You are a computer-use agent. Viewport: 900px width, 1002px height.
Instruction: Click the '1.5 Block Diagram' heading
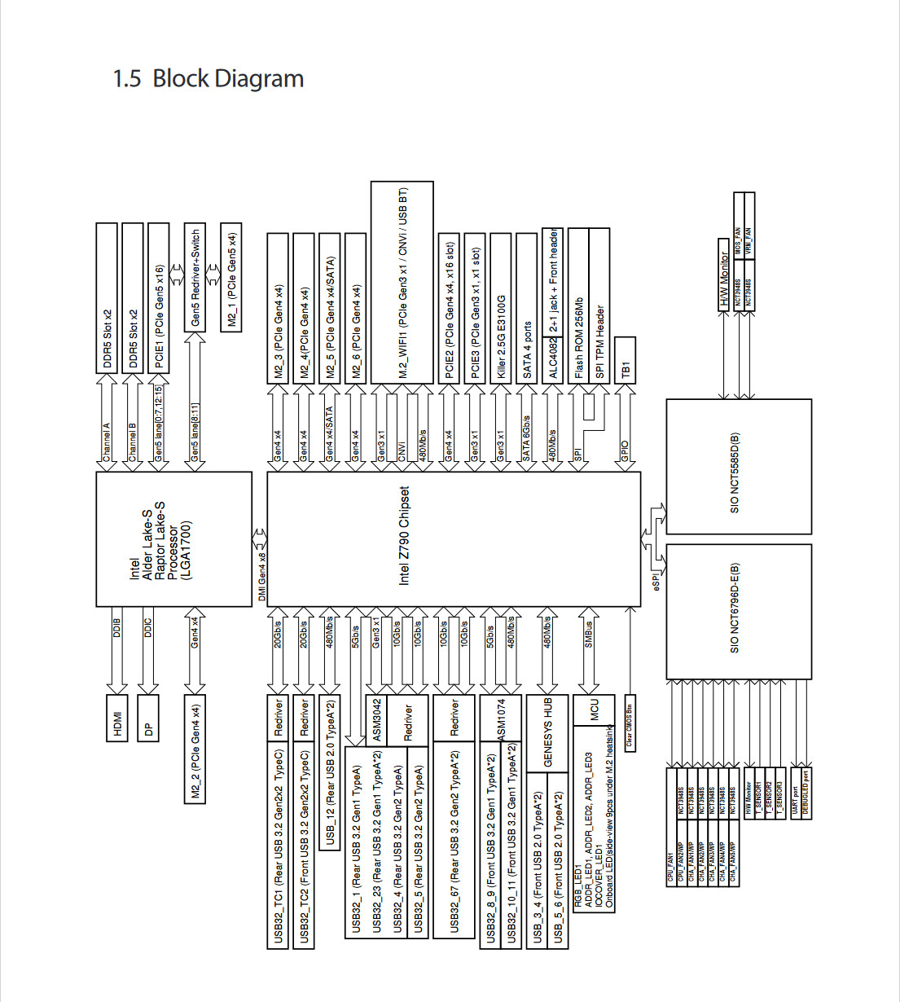pyautogui.click(x=208, y=78)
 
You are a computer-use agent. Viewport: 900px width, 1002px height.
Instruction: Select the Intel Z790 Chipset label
pyautogui.click(x=404, y=535)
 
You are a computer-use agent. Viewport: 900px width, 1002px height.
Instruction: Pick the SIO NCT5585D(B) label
pyautogui.click(x=735, y=472)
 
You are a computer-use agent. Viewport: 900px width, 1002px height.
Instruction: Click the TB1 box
pyautogui.click(x=625, y=360)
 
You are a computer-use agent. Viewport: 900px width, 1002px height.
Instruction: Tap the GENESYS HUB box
pyautogui.click(x=547, y=732)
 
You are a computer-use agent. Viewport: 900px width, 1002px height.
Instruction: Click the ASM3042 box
pyautogui.click(x=376, y=719)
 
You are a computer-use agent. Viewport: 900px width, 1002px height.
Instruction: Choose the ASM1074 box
pyautogui.click(x=501, y=718)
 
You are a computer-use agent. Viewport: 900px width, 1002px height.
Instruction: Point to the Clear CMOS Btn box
pyautogui.click(x=629, y=722)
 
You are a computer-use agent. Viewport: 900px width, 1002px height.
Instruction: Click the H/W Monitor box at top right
pyautogui.click(x=724, y=275)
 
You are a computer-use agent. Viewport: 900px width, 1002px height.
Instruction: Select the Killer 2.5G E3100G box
pyautogui.click(x=501, y=336)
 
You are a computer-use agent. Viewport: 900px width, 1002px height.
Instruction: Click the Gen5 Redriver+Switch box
pyautogui.click(x=195, y=277)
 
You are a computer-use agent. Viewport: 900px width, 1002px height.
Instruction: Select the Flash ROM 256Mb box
pyautogui.click(x=578, y=336)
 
